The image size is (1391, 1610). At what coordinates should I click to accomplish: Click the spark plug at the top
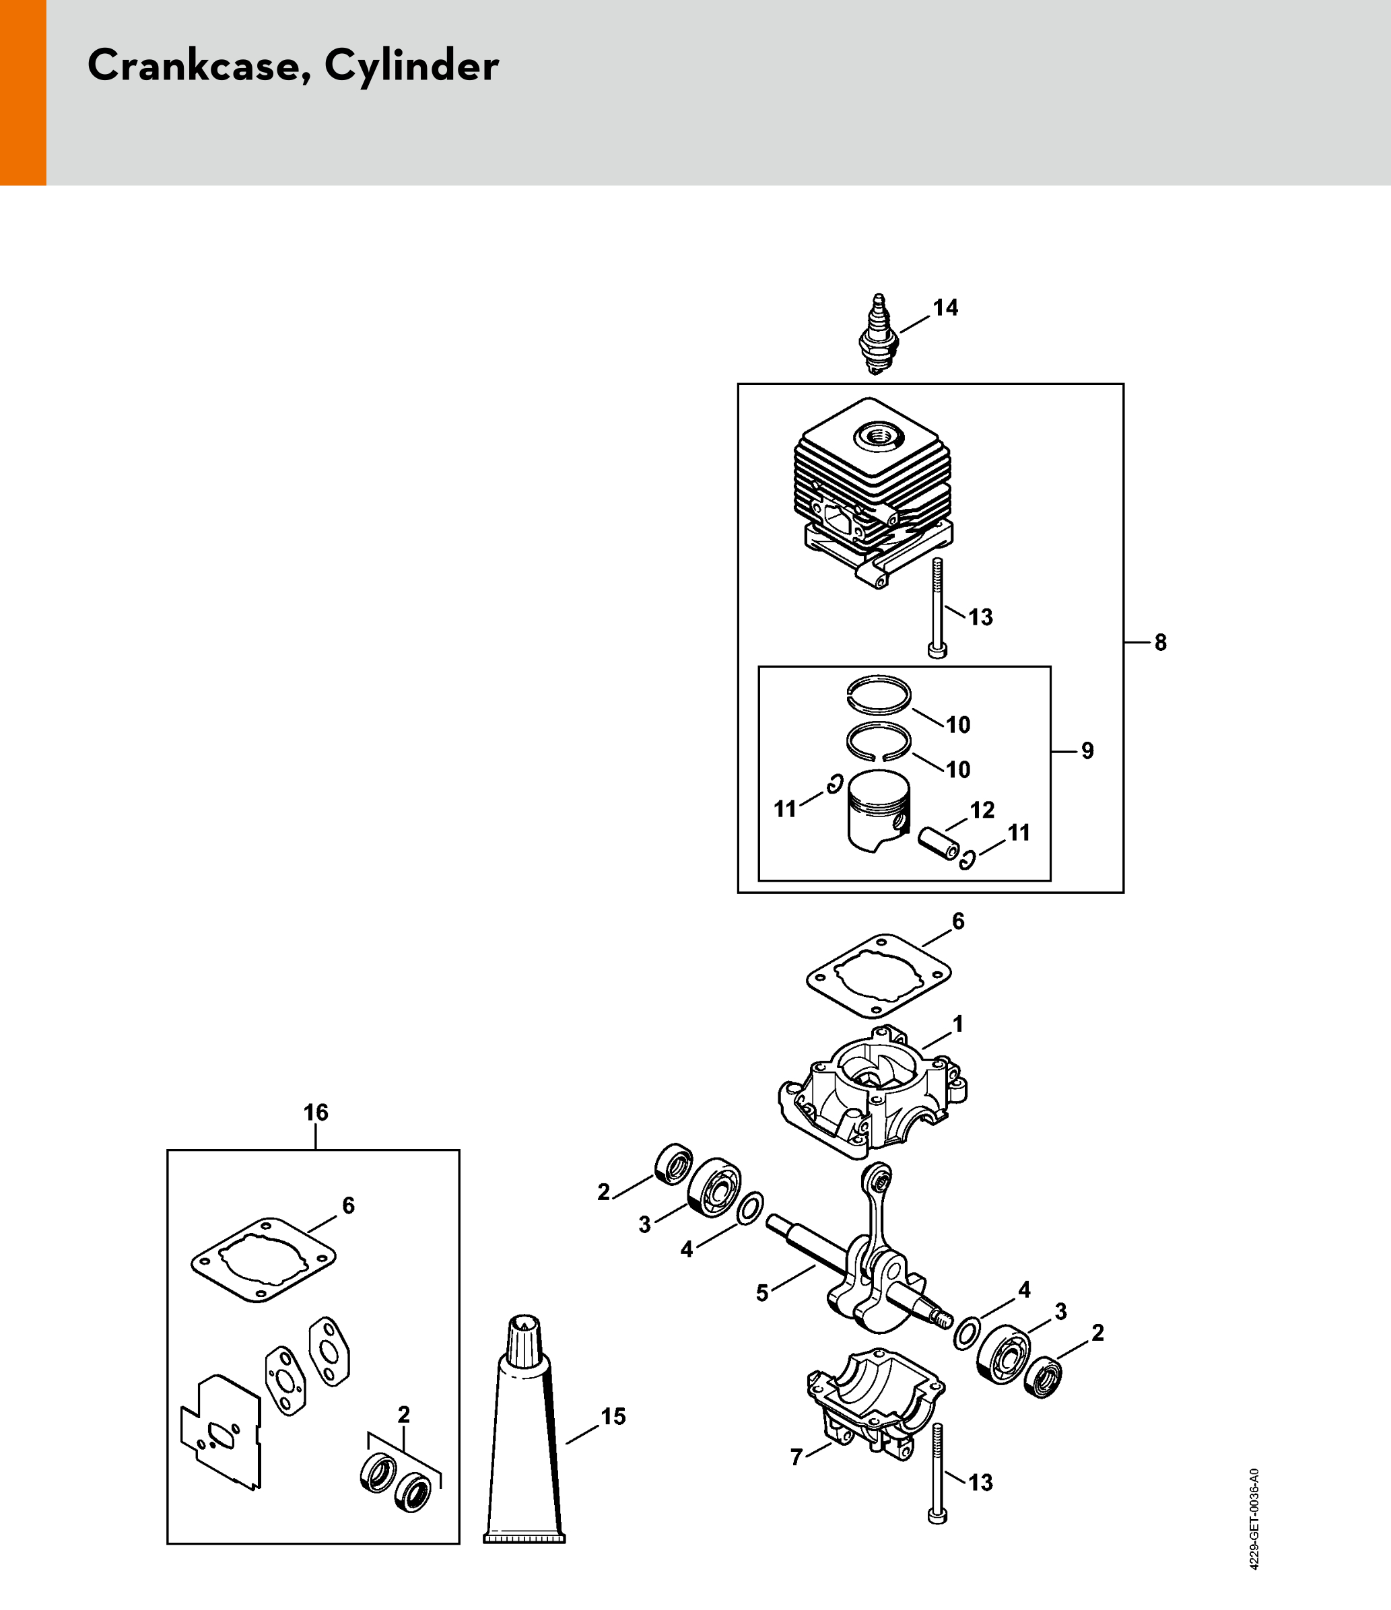pos(879,334)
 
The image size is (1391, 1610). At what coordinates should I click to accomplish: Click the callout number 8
pos(1160,643)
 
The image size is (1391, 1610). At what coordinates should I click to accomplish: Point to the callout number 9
pos(1087,750)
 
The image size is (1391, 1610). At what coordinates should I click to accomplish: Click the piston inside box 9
pos(878,811)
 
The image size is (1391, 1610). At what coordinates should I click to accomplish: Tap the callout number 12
pos(982,810)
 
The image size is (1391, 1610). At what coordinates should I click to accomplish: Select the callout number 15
pos(613,1417)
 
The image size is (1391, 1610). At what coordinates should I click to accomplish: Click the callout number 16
pos(316,1113)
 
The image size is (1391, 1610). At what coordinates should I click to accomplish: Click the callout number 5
pos(761,1293)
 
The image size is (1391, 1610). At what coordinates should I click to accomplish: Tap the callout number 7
pos(796,1458)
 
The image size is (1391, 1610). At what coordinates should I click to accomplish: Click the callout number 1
pos(958,1024)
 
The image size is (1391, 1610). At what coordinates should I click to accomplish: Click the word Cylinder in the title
pos(411,67)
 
